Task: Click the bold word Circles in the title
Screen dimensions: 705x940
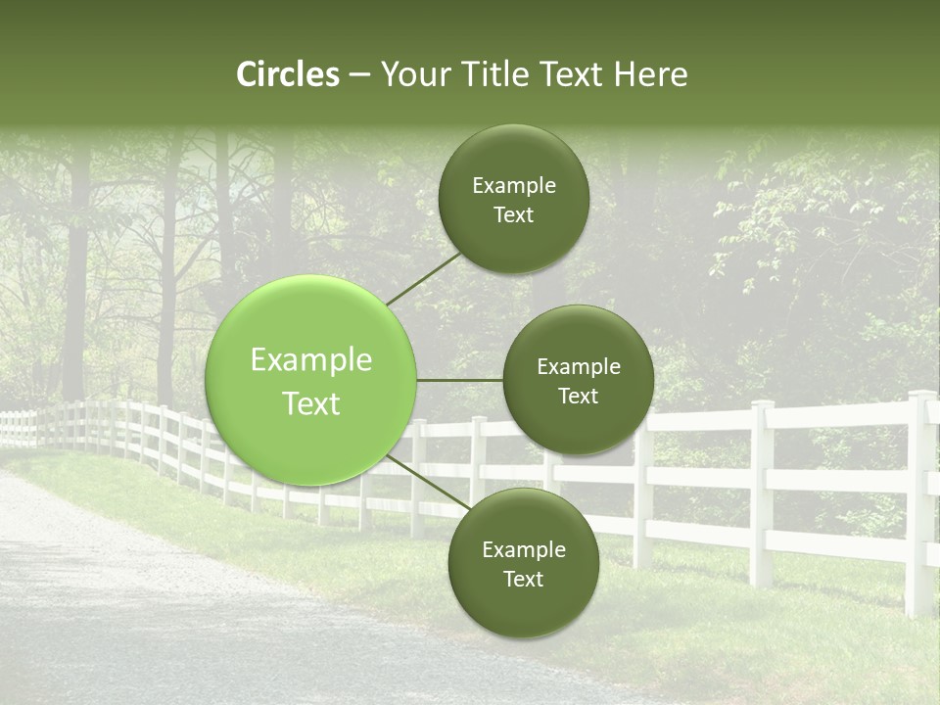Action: [x=288, y=74]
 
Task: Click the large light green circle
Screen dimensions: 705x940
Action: [x=311, y=380]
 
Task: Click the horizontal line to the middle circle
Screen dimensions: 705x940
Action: [x=460, y=380]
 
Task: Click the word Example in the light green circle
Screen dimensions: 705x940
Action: [x=311, y=360]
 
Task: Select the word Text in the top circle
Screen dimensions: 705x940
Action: [x=513, y=215]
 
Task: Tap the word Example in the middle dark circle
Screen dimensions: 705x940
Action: [x=578, y=367]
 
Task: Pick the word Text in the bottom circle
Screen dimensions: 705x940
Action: [x=523, y=580]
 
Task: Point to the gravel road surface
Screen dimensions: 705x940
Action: [x=147, y=607]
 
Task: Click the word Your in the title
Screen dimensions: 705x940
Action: [x=414, y=74]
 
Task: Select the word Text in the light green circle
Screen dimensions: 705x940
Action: [x=311, y=403]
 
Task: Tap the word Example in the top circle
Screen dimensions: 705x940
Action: [x=513, y=186]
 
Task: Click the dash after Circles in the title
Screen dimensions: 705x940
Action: [x=359, y=74]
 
